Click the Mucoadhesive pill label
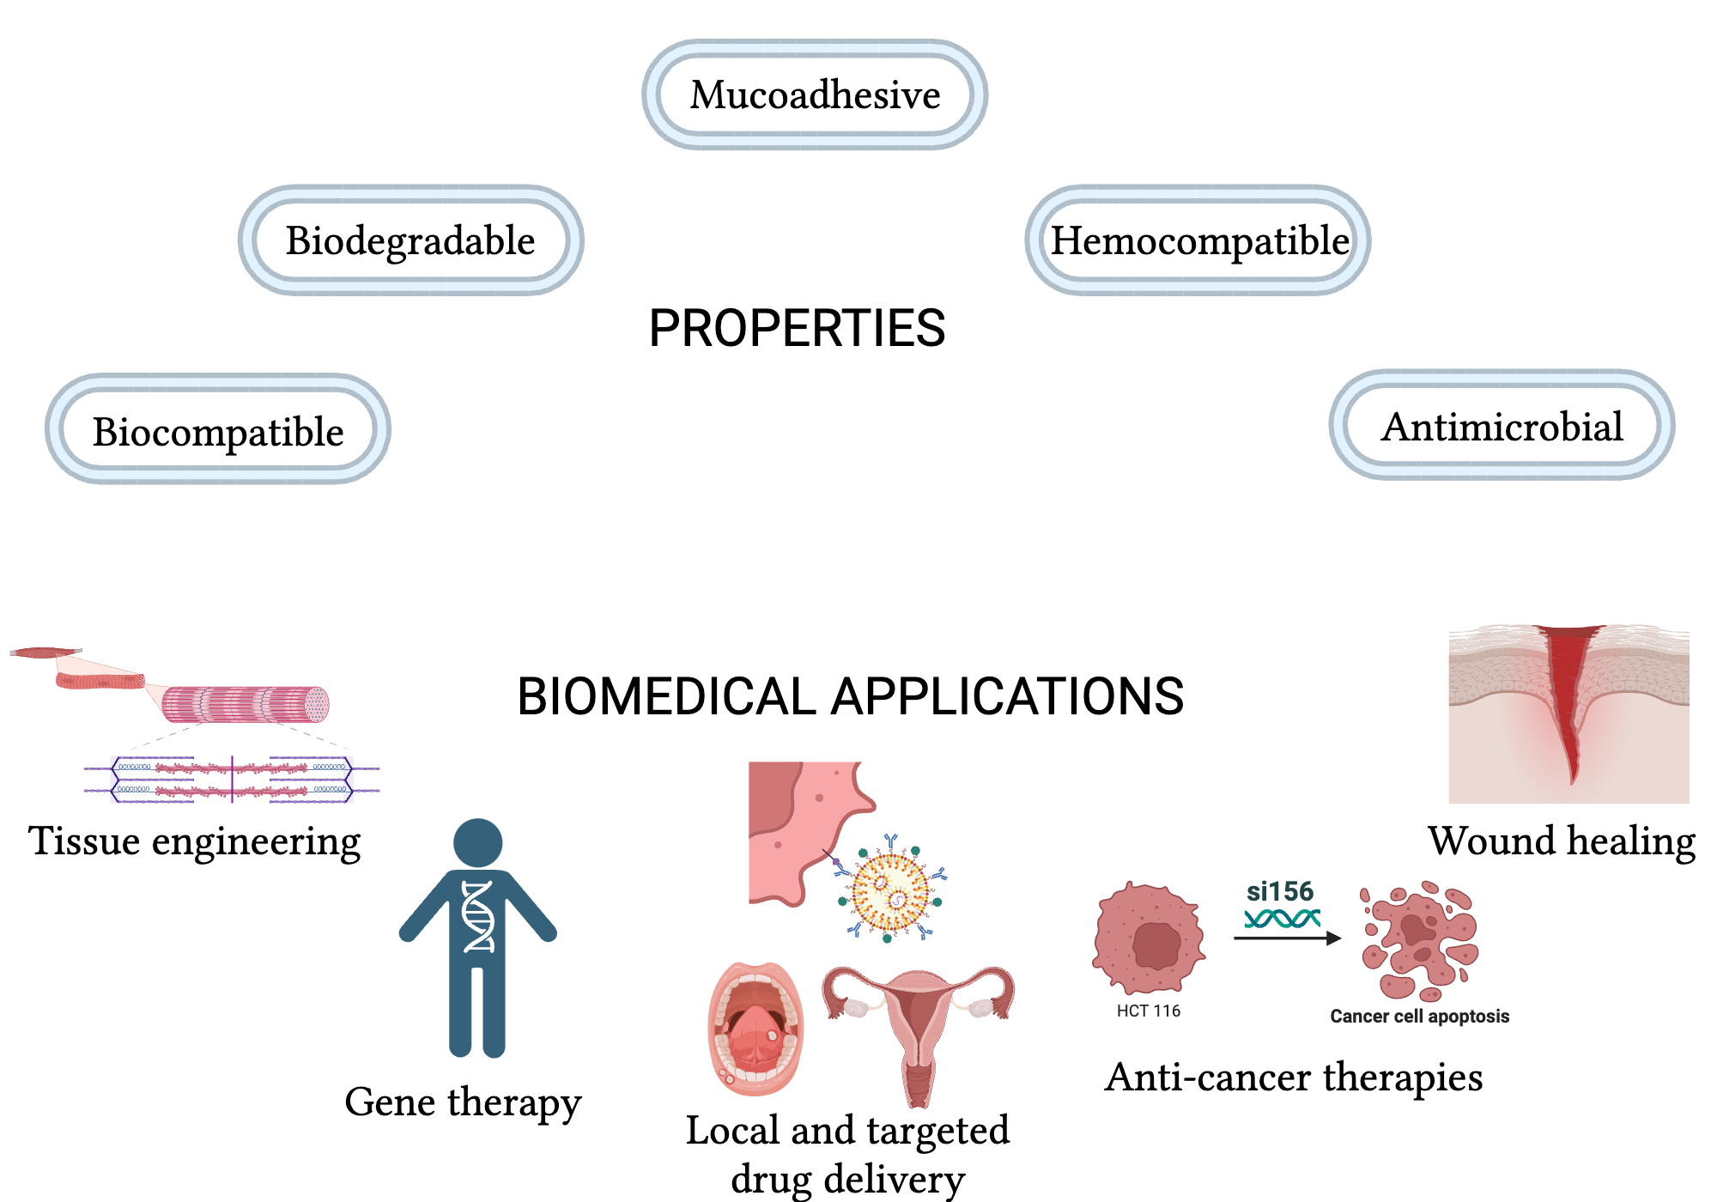pyautogui.click(x=815, y=94)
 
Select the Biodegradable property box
pyautogui.click(x=410, y=240)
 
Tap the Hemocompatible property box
pyautogui.click(x=1198, y=240)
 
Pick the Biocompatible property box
pyautogui.click(x=218, y=429)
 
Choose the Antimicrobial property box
pyautogui.click(x=1502, y=426)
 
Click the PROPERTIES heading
pyautogui.click(x=797, y=328)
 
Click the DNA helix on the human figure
pyautogui.click(x=478, y=916)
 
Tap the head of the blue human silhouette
pyautogui.click(x=478, y=842)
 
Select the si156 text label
pyautogui.click(x=1280, y=891)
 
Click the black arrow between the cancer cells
pyautogui.click(x=1286, y=938)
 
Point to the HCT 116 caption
pyautogui.click(x=1148, y=1011)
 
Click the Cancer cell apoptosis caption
pyautogui.click(x=1419, y=1016)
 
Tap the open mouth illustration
pyautogui.click(x=755, y=1029)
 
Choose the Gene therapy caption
pyautogui.click(x=463, y=1102)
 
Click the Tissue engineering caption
pyautogui.click(x=194, y=841)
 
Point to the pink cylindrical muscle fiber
pyautogui.click(x=245, y=704)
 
